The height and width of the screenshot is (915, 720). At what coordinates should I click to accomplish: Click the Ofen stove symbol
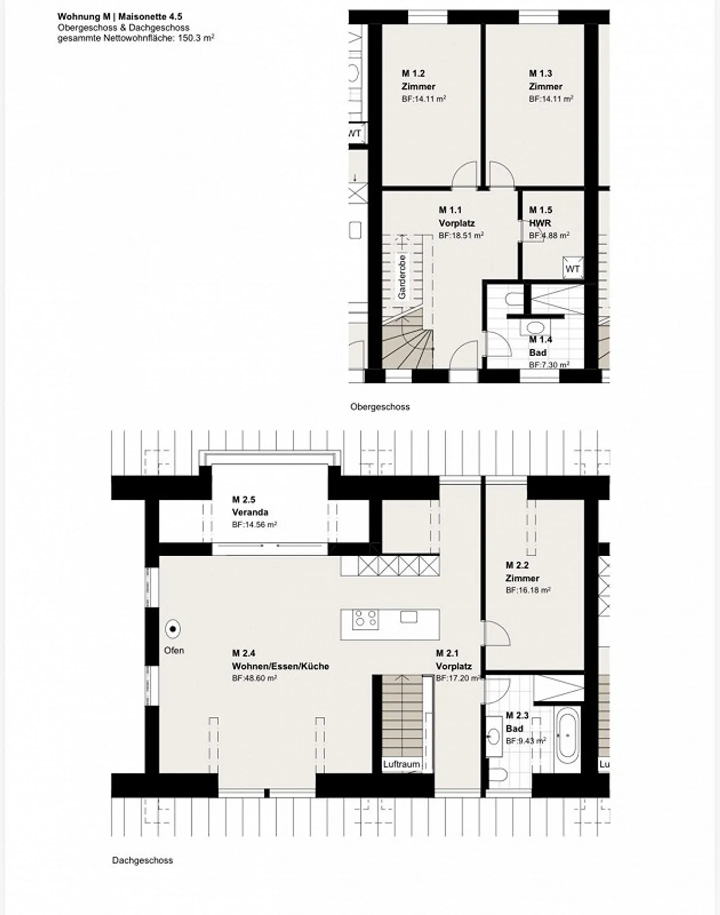point(173,629)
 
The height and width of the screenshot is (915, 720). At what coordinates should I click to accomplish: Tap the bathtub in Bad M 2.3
point(567,735)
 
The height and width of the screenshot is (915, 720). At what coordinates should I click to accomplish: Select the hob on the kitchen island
point(365,619)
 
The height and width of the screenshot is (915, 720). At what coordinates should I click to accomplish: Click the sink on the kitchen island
point(408,617)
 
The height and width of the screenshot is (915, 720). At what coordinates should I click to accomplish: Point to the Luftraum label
point(401,764)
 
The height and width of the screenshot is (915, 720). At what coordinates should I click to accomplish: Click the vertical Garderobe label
point(402,277)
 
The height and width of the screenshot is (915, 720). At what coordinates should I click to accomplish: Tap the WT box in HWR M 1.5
point(572,269)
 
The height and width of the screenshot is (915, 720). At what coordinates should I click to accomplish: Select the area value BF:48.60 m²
point(254,678)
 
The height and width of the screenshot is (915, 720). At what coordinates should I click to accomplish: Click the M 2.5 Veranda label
point(250,506)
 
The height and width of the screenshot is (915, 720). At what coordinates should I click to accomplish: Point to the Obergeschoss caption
point(380,407)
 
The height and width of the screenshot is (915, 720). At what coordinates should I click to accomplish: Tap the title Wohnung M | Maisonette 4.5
point(120,17)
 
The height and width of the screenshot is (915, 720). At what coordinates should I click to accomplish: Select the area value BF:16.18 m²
point(528,590)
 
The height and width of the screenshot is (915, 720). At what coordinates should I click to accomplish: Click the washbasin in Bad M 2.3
point(494,736)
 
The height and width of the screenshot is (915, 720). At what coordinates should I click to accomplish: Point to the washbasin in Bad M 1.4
point(535,328)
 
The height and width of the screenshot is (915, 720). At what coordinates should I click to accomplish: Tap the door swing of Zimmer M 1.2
point(464,175)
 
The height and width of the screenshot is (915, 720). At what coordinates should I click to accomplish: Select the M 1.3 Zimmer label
point(545,80)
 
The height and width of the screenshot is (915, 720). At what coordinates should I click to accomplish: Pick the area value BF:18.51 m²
point(461,235)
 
